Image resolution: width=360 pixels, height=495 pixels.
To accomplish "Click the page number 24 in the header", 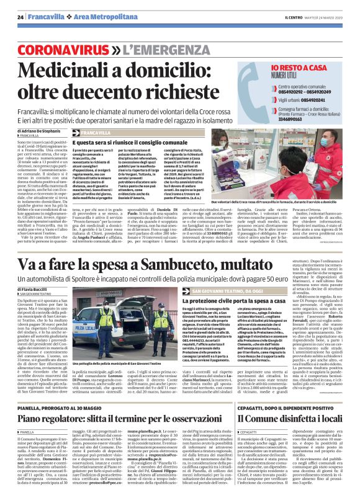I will (x=20, y=17).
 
